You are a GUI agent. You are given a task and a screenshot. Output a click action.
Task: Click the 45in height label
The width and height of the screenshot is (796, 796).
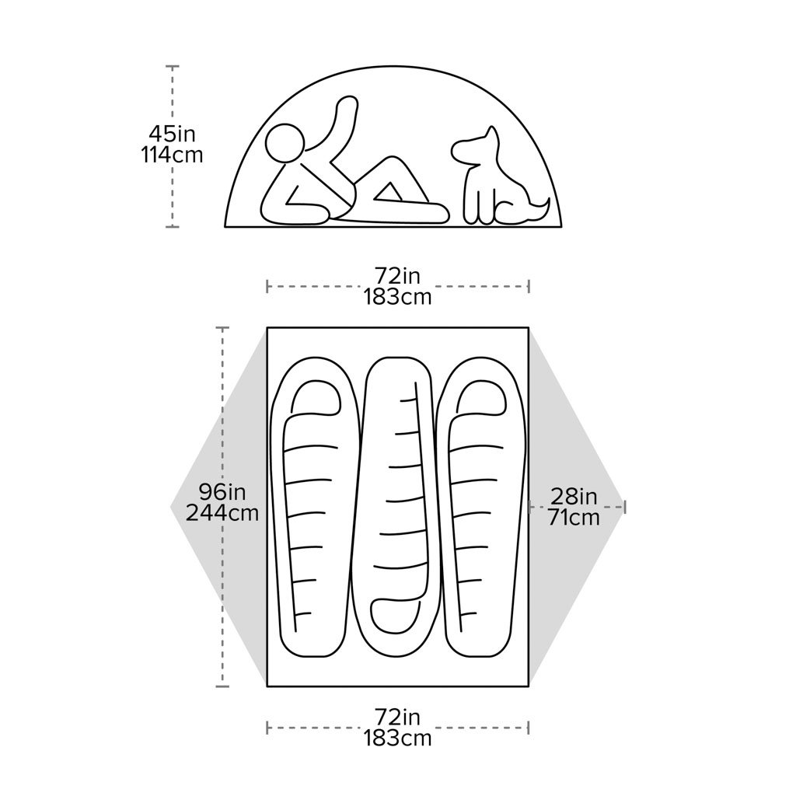(172, 134)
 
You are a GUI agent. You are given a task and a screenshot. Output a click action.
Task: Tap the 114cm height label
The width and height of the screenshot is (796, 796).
(172, 155)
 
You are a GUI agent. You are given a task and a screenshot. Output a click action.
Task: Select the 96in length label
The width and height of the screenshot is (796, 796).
(222, 492)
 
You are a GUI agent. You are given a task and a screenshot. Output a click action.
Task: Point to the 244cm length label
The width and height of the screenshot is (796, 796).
(222, 513)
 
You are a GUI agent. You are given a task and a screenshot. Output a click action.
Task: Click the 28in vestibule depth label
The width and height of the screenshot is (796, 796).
(574, 496)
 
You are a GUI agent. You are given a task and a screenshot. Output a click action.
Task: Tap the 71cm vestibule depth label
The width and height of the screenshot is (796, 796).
(574, 517)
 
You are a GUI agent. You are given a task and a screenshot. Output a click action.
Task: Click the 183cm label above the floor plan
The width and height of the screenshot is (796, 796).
(397, 297)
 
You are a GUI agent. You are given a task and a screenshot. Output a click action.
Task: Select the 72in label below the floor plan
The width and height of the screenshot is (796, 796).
(397, 716)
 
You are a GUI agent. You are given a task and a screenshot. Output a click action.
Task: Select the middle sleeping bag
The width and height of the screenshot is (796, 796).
(397, 505)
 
